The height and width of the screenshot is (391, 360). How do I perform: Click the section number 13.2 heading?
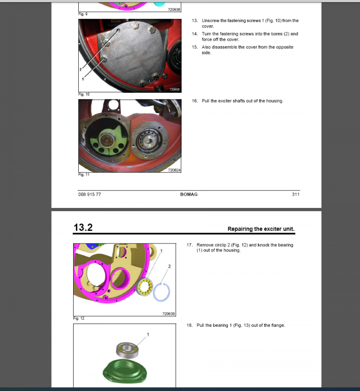(83, 228)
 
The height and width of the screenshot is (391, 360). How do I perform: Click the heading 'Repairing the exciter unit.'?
(261, 229)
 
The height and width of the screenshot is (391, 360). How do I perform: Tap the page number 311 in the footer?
(295, 194)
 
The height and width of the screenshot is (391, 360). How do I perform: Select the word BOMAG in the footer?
(189, 194)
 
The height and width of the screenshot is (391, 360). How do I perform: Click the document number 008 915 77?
(90, 194)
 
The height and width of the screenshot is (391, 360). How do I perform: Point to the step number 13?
(195, 21)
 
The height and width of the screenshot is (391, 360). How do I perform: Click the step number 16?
(195, 101)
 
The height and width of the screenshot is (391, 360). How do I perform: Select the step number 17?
(190, 245)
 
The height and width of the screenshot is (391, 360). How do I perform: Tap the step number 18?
(190, 325)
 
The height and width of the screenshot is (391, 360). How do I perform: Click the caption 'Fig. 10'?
(83, 94)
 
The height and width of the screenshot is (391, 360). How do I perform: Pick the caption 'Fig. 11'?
(83, 175)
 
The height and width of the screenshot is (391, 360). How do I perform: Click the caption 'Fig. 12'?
(79, 318)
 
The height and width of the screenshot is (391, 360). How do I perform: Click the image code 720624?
(174, 170)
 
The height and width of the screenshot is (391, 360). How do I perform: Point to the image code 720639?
(168, 314)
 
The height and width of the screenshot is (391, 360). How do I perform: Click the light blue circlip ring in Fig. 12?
(163, 294)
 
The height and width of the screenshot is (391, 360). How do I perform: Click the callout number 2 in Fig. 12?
(169, 266)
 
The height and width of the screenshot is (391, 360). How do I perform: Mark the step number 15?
(195, 47)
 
